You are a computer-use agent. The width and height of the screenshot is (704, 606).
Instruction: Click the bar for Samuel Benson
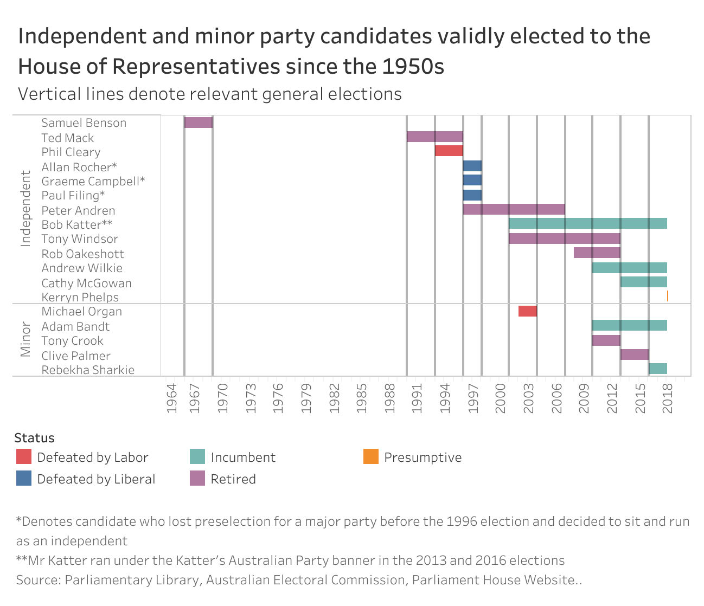198,123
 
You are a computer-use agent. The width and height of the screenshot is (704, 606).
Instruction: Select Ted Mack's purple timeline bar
434,137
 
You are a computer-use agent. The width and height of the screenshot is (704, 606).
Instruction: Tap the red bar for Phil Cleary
449,151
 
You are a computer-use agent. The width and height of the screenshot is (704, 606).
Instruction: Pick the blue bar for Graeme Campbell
472,180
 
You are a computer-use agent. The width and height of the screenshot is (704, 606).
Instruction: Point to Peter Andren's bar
514,209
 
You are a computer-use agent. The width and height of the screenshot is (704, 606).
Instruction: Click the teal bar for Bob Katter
587,223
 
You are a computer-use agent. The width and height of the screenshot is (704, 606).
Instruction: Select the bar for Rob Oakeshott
597,253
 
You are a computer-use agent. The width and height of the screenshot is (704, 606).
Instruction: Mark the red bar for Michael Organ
527,311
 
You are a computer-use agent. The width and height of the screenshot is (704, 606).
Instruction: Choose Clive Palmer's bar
634,354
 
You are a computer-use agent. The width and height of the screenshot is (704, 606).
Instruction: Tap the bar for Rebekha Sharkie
657,369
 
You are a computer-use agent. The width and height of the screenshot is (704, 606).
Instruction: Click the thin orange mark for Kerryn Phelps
667,296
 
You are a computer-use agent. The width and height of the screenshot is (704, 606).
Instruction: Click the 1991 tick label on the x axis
417,398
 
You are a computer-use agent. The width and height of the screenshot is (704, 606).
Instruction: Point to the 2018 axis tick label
668,398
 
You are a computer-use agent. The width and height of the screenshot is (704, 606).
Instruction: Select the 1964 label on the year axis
171,398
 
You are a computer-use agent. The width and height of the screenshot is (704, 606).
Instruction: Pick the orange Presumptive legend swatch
371,457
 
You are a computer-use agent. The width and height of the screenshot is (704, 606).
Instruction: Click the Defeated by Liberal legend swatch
24,479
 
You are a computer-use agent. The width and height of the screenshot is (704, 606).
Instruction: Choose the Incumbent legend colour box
197,457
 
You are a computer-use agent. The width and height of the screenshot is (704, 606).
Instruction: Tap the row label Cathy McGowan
86,283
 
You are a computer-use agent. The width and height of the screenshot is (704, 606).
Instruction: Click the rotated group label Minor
25,340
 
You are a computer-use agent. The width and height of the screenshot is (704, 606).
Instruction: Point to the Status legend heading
34,438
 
